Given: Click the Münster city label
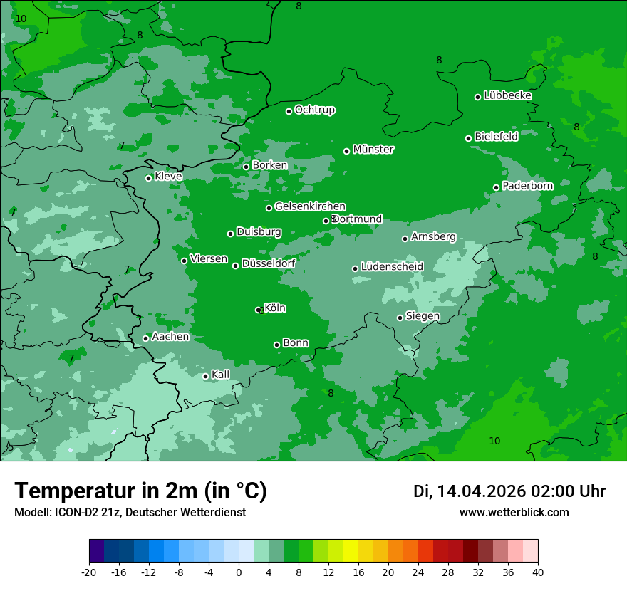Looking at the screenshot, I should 373,150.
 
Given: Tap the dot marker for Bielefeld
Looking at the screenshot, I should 469,138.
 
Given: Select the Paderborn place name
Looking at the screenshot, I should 528,186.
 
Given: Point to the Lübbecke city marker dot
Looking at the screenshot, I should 478,97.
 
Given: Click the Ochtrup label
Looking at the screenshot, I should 315,110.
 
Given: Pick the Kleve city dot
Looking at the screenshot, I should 149,178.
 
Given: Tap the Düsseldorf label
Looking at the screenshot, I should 269,263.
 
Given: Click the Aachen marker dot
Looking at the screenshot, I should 146,338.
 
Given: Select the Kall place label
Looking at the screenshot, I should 221,375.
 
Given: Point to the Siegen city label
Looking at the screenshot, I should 423,316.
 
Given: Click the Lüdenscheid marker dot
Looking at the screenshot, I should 356,268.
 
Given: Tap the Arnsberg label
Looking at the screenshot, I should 433,237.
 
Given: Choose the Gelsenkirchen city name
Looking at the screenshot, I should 310,206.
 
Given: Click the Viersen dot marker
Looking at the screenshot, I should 185,261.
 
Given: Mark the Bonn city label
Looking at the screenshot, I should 296,343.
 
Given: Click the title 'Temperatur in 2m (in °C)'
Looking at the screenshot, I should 141,491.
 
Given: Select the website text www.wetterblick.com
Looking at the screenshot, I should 514,513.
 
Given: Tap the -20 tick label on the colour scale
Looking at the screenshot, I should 89,572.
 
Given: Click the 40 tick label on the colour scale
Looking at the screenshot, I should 538,572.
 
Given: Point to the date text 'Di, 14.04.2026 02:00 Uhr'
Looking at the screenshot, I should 509,491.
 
